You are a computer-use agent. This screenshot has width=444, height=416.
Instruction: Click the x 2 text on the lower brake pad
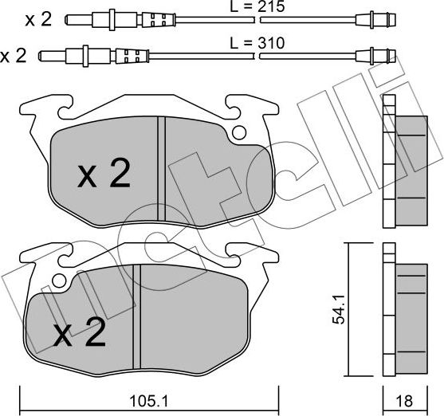tap(80, 332)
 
